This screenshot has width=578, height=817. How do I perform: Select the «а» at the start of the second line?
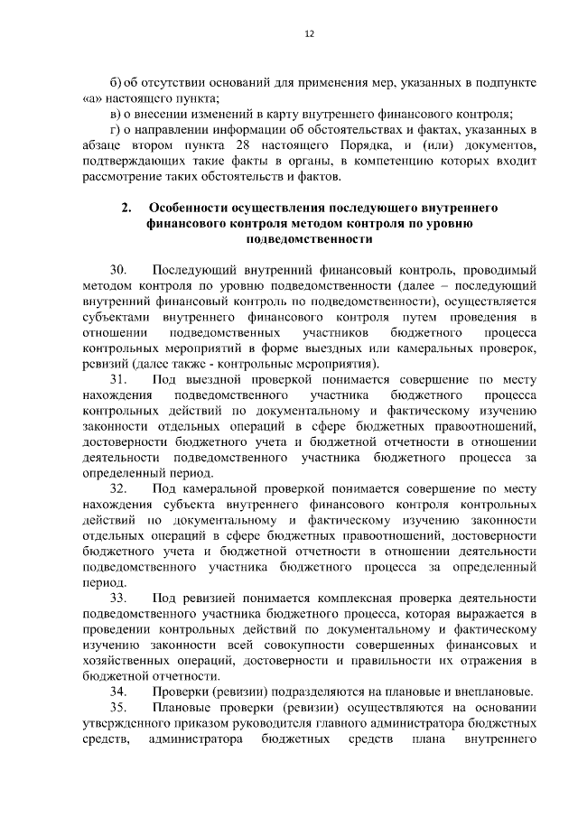(x=90, y=97)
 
